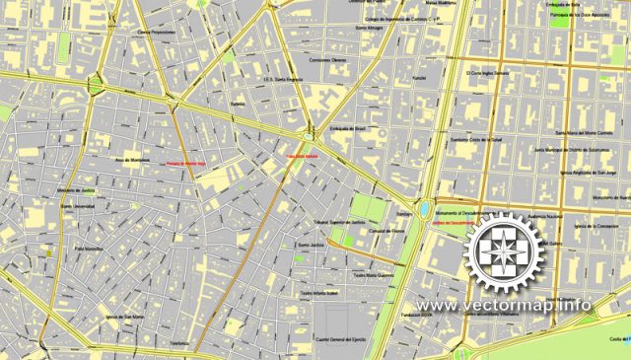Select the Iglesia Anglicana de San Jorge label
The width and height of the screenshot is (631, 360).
tap(594, 171)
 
